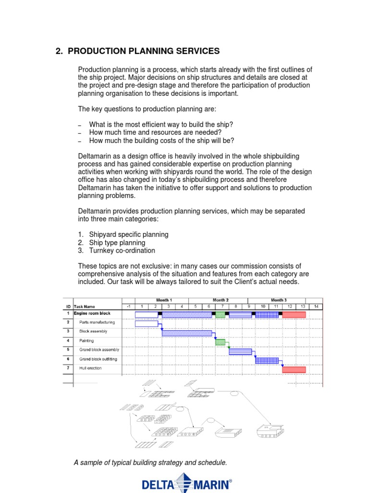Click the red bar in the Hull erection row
point(294,369)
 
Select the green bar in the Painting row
point(220,342)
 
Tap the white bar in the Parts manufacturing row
point(147,324)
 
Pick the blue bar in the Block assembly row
point(187,333)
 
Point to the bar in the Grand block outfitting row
point(267,360)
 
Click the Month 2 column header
point(221,300)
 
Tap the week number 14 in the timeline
point(315,306)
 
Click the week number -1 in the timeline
point(128,306)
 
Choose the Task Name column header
point(85,306)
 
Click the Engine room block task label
point(92,313)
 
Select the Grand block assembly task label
point(99,350)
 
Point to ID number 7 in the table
point(68,368)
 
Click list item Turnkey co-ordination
point(122,250)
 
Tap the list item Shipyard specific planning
point(128,234)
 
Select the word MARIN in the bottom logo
point(209,483)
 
